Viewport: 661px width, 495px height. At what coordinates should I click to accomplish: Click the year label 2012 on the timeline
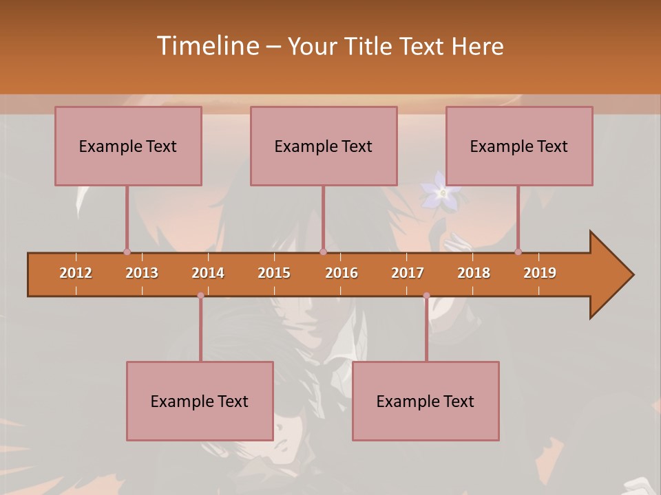tap(76, 273)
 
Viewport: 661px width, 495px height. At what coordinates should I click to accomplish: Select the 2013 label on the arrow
tap(142, 273)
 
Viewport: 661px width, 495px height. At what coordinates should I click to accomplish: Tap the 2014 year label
tap(208, 273)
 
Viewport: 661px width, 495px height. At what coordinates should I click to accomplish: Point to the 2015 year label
tap(274, 273)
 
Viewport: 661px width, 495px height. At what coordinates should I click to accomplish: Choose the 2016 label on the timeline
tap(342, 273)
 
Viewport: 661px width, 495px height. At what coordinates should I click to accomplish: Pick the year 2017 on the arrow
tap(408, 273)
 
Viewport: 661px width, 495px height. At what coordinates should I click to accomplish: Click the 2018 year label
tap(474, 273)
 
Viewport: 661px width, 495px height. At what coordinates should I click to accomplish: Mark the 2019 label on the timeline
tap(540, 273)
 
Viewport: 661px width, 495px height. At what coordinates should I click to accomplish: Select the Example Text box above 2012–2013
tap(128, 146)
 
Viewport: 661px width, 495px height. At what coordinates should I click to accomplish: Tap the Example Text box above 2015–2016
tap(324, 146)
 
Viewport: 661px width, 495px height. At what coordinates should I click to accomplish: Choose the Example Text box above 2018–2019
tap(519, 146)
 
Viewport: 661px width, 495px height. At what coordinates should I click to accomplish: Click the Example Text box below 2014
tap(200, 401)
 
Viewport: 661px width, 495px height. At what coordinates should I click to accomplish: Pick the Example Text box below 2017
tap(426, 401)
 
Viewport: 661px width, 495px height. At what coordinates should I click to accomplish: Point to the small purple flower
tap(443, 192)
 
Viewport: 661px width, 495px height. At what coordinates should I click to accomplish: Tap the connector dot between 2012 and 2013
tap(127, 252)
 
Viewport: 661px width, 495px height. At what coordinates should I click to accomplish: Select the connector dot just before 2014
tap(200, 296)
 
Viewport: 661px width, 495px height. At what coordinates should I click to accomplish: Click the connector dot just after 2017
tap(426, 296)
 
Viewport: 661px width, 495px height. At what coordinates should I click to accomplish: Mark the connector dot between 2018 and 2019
tap(518, 252)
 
